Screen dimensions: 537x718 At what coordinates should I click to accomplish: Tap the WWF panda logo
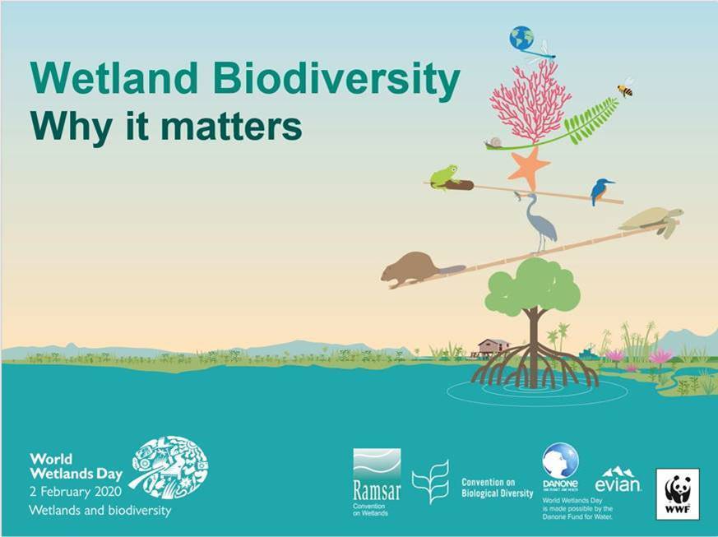click(677, 493)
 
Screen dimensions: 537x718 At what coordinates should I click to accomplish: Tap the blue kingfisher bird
click(601, 191)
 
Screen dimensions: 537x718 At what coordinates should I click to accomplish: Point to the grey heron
click(540, 220)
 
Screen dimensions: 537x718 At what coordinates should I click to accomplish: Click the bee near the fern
click(626, 88)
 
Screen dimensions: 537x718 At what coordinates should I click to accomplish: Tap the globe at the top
click(521, 38)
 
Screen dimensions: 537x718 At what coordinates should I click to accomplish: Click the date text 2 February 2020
click(76, 492)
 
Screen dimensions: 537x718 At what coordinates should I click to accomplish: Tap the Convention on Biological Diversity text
click(497, 488)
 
